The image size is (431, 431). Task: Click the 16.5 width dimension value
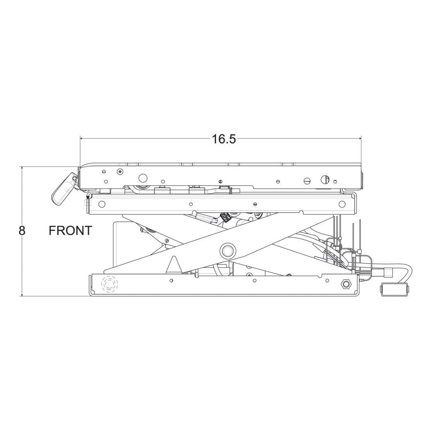(224, 139)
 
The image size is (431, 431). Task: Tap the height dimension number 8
(22, 231)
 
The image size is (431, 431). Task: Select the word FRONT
(70, 231)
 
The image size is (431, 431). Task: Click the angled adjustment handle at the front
(64, 189)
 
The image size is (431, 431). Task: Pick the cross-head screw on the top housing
(120, 172)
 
